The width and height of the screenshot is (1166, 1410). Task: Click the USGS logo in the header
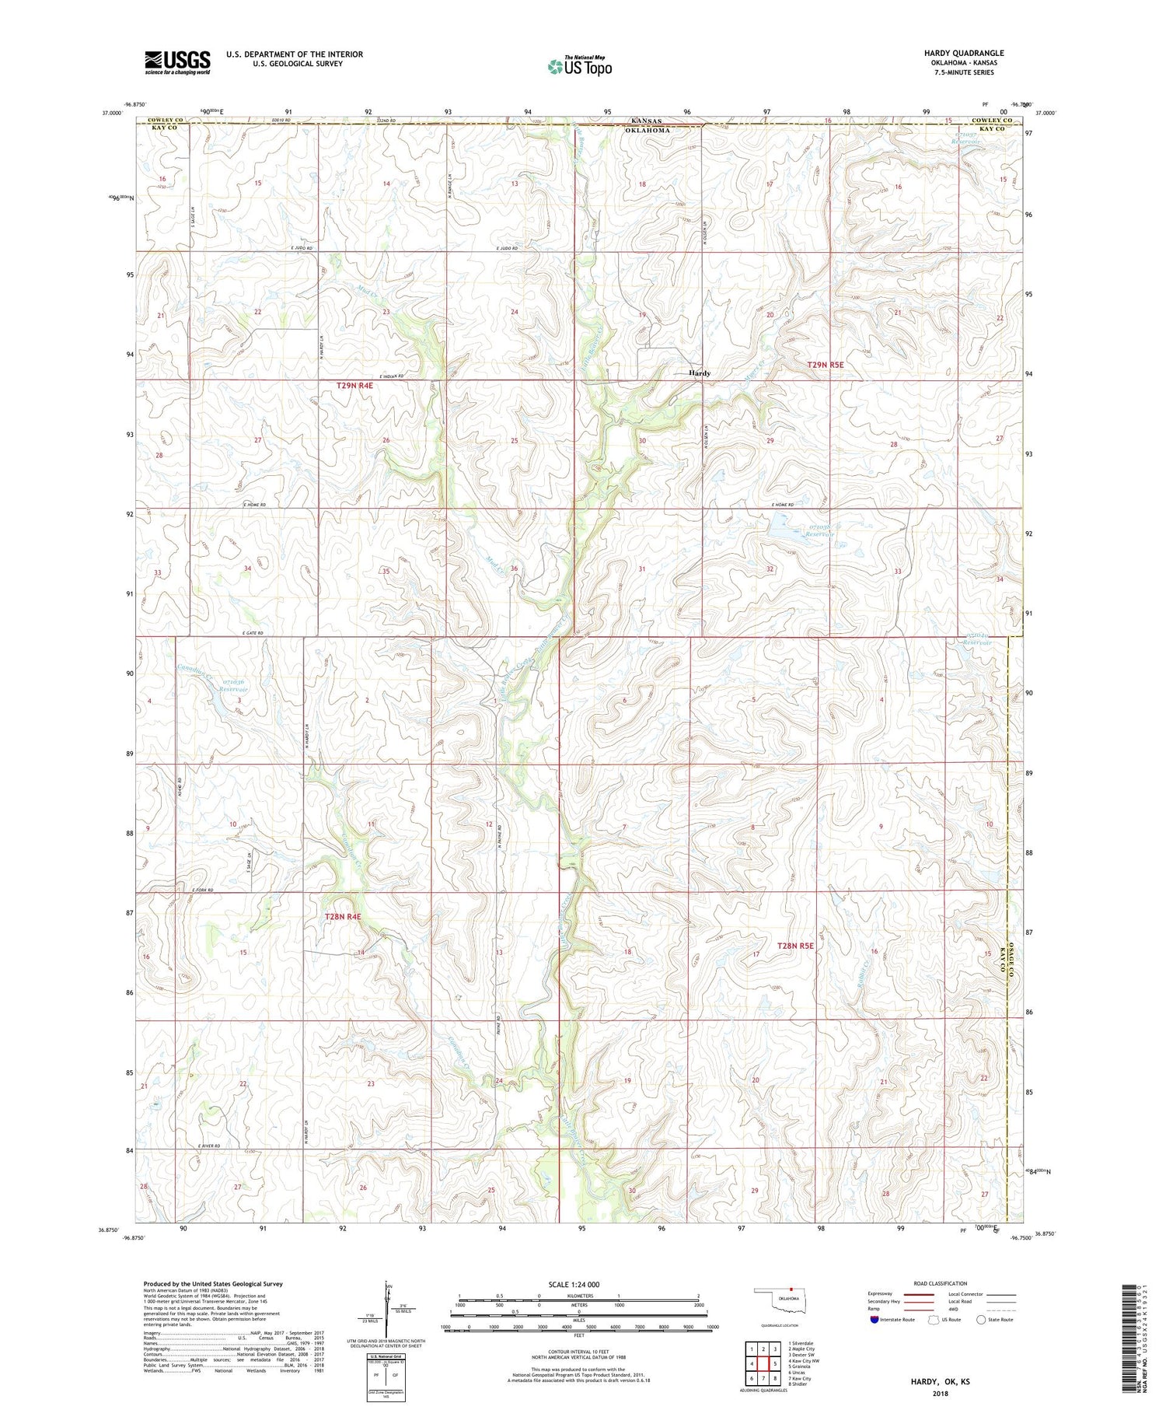177,62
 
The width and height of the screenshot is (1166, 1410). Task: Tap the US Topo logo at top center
579,66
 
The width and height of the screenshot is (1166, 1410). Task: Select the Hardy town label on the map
699,373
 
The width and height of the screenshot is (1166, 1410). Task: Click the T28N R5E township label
795,946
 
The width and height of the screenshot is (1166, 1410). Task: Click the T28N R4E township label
343,917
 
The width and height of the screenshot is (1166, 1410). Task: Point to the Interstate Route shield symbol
874,1320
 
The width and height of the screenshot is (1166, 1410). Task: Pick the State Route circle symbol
982,1320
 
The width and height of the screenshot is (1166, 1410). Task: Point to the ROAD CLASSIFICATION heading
941,1283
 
